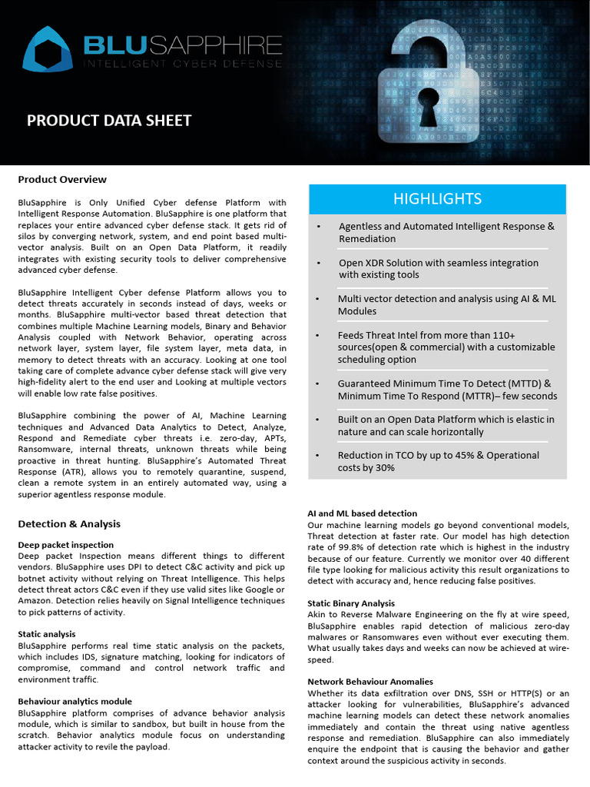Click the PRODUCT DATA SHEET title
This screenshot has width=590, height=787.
(x=109, y=120)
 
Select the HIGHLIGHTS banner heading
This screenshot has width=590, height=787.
(x=437, y=199)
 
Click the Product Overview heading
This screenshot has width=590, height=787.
(x=62, y=179)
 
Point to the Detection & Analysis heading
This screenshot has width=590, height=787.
(x=69, y=523)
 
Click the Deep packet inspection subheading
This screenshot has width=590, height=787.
(x=65, y=545)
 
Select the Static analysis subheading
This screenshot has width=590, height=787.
(x=47, y=634)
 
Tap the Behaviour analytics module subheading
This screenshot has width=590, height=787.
(x=75, y=701)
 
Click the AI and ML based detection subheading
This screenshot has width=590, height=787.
(x=362, y=513)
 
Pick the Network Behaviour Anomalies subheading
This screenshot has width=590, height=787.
(x=370, y=682)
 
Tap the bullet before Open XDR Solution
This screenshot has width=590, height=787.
(x=319, y=263)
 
